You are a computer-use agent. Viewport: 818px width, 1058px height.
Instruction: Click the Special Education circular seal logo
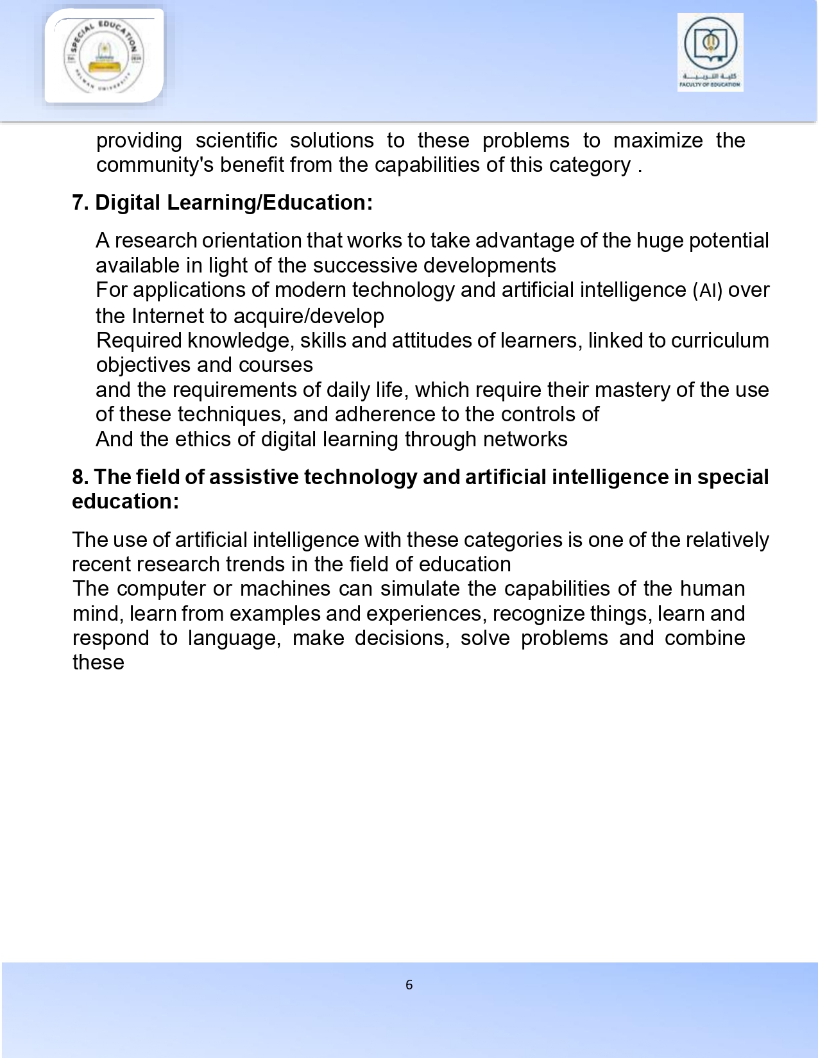coord(103,56)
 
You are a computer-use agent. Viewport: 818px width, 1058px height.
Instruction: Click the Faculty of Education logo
coord(710,52)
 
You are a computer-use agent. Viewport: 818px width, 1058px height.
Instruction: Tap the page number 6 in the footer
coord(409,985)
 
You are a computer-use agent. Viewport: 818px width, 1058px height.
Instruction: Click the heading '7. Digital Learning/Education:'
coord(222,203)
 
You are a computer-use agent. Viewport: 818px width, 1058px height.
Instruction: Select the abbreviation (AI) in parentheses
coord(708,290)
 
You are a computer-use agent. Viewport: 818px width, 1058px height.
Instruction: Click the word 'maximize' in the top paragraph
coord(658,140)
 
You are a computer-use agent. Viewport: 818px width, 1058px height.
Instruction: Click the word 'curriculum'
coord(720,340)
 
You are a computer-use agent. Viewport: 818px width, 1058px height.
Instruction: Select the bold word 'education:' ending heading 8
coord(125,501)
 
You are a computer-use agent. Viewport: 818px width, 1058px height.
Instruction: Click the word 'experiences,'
coord(423,614)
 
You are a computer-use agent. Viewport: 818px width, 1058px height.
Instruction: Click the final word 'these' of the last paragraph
coord(98,662)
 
